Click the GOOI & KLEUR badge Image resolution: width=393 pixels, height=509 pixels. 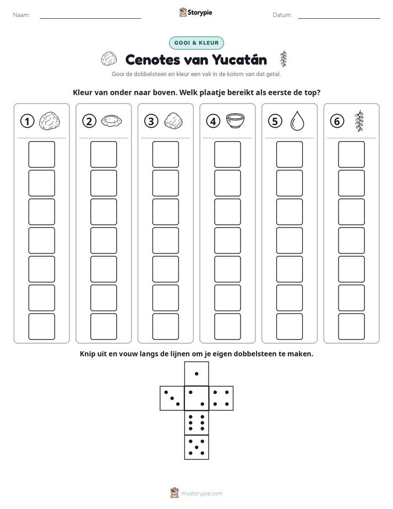pyautogui.click(x=197, y=43)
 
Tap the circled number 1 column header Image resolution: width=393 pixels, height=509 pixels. pyautogui.click(x=27, y=121)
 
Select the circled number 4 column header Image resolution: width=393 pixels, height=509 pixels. pyautogui.click(x=213, y=121)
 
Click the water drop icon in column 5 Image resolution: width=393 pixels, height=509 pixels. pyautogui.click(x=297, y=121)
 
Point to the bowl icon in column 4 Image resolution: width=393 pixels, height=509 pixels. pyautogui.click(x=235, y=121)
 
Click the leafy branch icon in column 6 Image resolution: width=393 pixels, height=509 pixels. pyautogui.click(x=359, y=121)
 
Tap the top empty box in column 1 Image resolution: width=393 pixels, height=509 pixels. pyautogui.click(x=42, y=154)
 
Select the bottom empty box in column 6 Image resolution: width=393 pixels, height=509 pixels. pyautogui.click(x=352, y=327)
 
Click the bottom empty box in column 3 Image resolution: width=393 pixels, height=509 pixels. pyautogui.click(x=166, y=327)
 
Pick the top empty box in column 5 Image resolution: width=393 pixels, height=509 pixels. pyautogui.click(x=290, y=154)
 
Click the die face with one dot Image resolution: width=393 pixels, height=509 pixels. pyautogui.click(x=197, y=374)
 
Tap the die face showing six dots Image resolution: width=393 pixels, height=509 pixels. pyautogui.click(x=197, y=423)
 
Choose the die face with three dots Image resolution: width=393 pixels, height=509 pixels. pyautogui.click(x=172, y=398)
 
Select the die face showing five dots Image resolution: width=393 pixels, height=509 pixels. pyautogui.click(x=197, y=447)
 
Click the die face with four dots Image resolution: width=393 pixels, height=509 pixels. pyautogui.click(x=221, y=398)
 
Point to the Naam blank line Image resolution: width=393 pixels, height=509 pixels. pyautogui.click(x=90, y=18)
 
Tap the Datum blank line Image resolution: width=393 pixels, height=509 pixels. pyautogui.click(x=339, y=18)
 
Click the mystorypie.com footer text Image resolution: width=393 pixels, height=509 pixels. pyautogui.click(x=201, y=494)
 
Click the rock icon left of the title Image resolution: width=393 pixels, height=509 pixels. pyautogui.click(x=108, y=58)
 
